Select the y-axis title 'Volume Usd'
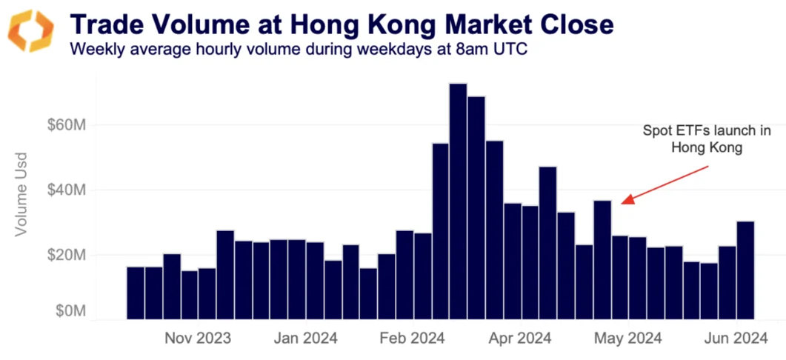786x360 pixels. (x=21, y=194)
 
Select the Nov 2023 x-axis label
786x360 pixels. (x=197, y=339)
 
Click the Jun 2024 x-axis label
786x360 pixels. (x=733, y=339)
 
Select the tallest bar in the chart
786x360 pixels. (x=458, y=201)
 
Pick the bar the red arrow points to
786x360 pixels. (x=602, y=259)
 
